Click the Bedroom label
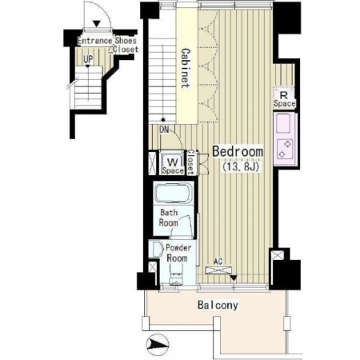pyautogui.click(x=238, y=151)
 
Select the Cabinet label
pyautogui.click(x=186, y=68)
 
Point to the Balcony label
pyautogui.click(x=218, y=305)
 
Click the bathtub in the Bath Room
pyautogui.click(x=174, y=193)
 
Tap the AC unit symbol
pyautogui.click(x=218, y=270)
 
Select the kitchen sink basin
pyautogui.click(x=283, y=123)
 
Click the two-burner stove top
pyautogui.click(x=285, y=150)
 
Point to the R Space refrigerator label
pyautogui.click(x=284, y=99)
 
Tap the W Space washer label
pyautogui.click(x=173, y=166)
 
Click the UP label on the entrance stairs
pyautogui.click(x=88, y=59)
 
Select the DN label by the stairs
pyautogui.click(x=164, y=130)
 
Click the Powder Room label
pyautogui.click(x=178, y=253)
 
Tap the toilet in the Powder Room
pyautogui.click(x=176, y=276)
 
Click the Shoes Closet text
pyautogui.click(x=126, y=45)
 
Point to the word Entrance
pyautogui.click(x=94, y=41)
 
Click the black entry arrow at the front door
pyautogui.click(x=97, y=24)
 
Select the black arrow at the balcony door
pyautogui.click(x=234, y=278)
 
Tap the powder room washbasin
pyautogui.click(x=155, y=249)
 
